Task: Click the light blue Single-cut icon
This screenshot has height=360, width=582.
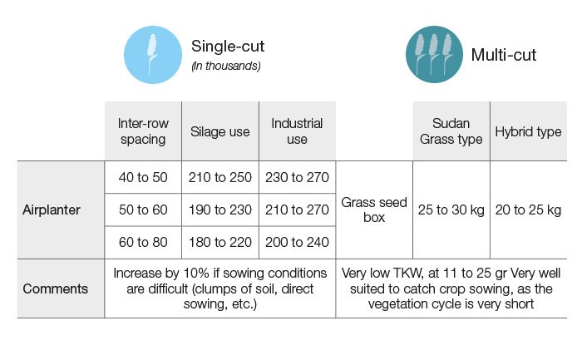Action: tap(153, 55)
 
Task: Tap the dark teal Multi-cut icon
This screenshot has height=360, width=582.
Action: tap(434, 55)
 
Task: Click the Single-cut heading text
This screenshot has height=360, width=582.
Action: tap(228, 47)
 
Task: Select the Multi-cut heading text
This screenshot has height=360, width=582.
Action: tap(503, 55)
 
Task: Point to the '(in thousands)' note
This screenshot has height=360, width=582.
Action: tap(226, 66)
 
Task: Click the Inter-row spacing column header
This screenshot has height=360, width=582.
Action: tap(143, 131)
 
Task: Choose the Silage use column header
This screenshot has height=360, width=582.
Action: tap(220, 131)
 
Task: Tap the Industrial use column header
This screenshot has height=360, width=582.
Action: tap(297, 131)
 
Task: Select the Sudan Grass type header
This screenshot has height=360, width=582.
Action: tap(451, 131)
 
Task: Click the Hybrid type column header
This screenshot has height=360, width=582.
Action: tap(528, 131)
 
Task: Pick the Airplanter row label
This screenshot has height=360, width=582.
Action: tap(52, 210)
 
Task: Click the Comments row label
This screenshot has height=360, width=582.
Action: tap(56, 288)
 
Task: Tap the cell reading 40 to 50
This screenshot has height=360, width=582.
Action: tap(143, 177)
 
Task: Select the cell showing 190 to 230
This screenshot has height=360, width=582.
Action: tap(220, 210)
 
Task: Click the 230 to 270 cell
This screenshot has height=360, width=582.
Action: tap(297, 177)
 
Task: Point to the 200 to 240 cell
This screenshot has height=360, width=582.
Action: tap(297, 242)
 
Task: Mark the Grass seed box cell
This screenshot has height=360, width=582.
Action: tap(374, 210)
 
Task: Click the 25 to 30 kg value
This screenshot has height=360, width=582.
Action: tap(451, 210)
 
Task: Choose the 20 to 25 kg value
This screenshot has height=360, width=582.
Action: tap(528, 210)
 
